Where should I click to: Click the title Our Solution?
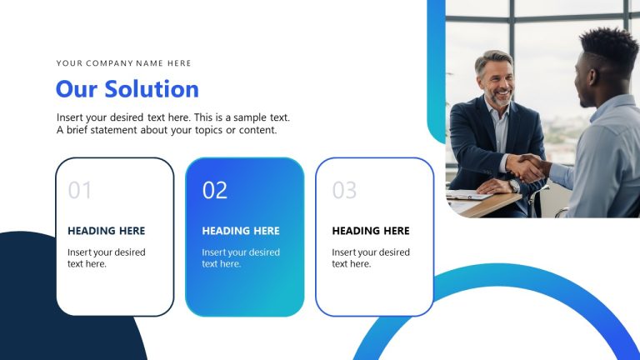pyautogui.click(x=127, y=89)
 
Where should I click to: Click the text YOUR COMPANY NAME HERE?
pyautogui.click(x=123, y=63)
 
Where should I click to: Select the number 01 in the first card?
pyautogui.click(x=80, y=190)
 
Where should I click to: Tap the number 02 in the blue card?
pyautogui.click(x=215, y=190)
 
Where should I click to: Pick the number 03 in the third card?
pyautogui.click(x=344, y=190)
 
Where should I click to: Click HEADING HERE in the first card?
pyautogui.click(x=106, y=231)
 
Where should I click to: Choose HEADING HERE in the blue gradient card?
pyautogui.click(x=241, y=231)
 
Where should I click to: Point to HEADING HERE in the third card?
pyautogui.click(x=371, y=231)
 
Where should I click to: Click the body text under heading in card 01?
pyautogui.click(x=106, y=257)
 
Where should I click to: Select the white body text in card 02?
pyautogui.click(x=241, y=257)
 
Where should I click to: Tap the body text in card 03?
pyautogui.click(x=371, y=257)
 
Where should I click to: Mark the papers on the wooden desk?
pyautogui.click(x=468, y=196)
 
